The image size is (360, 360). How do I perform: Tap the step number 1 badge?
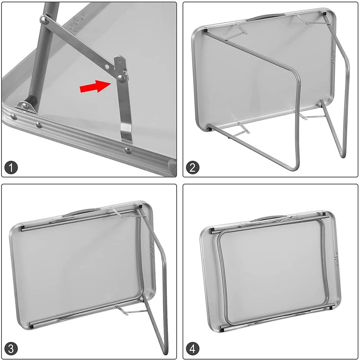[x=11, y=167]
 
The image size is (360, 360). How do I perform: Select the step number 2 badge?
[x=192, y=167]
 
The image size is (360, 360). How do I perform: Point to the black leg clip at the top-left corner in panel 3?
[x=22, y=228]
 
